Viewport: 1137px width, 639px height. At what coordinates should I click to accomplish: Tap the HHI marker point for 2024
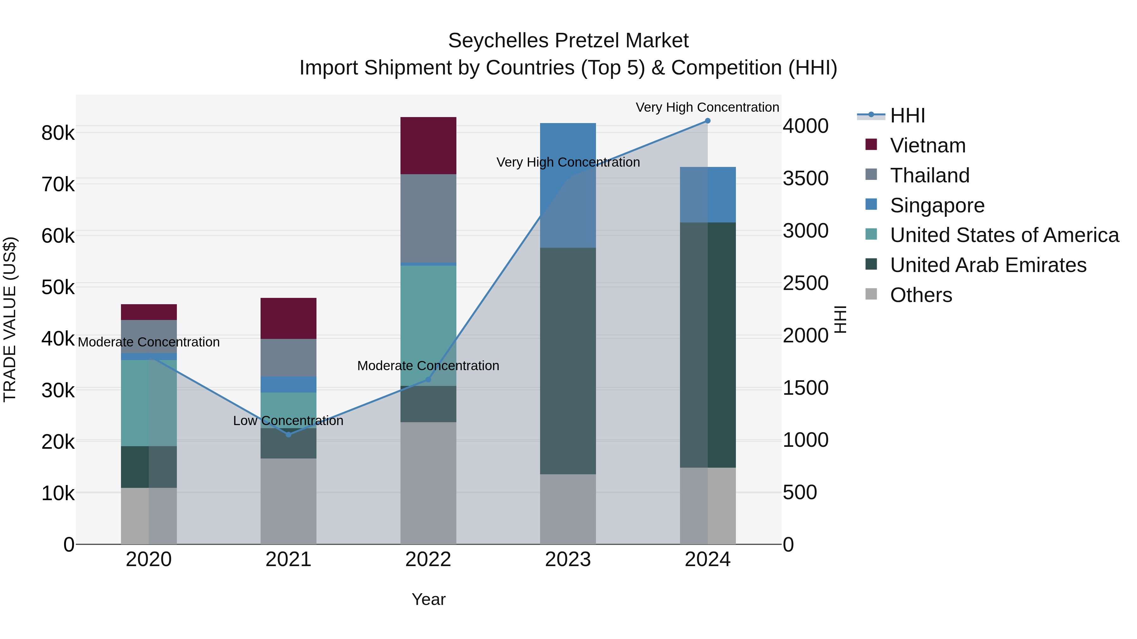pyautogui.click(x=707, y=121)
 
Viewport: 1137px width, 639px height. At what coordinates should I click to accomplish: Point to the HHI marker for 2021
pyautogui.click(x=288, y=435)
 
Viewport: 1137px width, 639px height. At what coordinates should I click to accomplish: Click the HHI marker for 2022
pyautogui.click(x=428, y=379)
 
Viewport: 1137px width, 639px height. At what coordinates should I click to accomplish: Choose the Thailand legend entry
pyautogui.click(x=929, y=175)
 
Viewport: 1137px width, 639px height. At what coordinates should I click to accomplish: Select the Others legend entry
pyautogui.click(x=921, y=295)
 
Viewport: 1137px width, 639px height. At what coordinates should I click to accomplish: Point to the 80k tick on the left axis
pyautogui.click(x=58, y=133)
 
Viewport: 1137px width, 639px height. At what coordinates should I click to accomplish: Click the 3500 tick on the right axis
pyautogui.click(x=805, y=179)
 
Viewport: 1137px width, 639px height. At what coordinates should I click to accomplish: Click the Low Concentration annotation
pyautogui.click(x=288, y=421)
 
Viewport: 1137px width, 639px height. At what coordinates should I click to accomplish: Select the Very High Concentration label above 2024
pyautogui.click(x=707, y=107)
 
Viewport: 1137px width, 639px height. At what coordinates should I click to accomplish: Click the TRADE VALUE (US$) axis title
pyautogui.click(x=10, y=319)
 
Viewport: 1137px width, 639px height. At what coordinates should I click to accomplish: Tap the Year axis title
pyautogui.click(x=428, y=599)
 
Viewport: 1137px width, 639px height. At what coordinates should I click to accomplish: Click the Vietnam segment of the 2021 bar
pyautogui.click(x=288, y=318)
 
